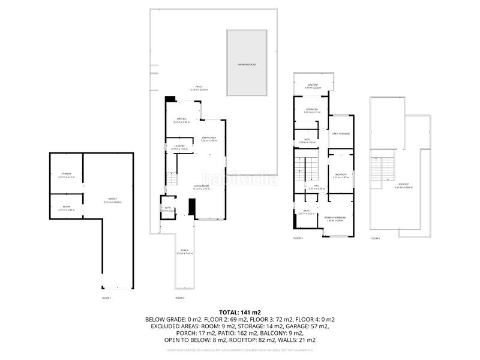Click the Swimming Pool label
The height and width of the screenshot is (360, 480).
pyautogui.click(x=247, y=64)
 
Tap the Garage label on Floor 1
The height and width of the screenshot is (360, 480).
pyautogui.click(x=112, y=200)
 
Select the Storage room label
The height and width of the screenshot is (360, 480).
pyautogui.click(x=65, y=175)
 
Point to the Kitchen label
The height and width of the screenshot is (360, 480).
pyautogui.click(x=181, y=120)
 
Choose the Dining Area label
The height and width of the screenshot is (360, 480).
pyautogui.click(x=209, y=139)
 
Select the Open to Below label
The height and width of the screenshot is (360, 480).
pyautogui.click(x=341, y=134)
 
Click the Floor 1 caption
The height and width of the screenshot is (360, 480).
pyautogui.click(x=107, y=298)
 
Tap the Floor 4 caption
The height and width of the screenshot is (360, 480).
pyautogui.click(x=376, y=238)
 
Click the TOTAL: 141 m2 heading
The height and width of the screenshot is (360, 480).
pyautogui.click(x=239, y=313)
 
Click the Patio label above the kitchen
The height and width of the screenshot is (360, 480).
pyautogui.click(x=199, y=88)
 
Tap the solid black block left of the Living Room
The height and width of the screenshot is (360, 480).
pyautogui.click(x=192, y=207)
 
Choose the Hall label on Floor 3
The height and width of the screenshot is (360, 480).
pyautogui.click(x=316, y=187)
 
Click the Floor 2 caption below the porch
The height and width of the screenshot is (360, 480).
pyautogui.click(x=179, y=298)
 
